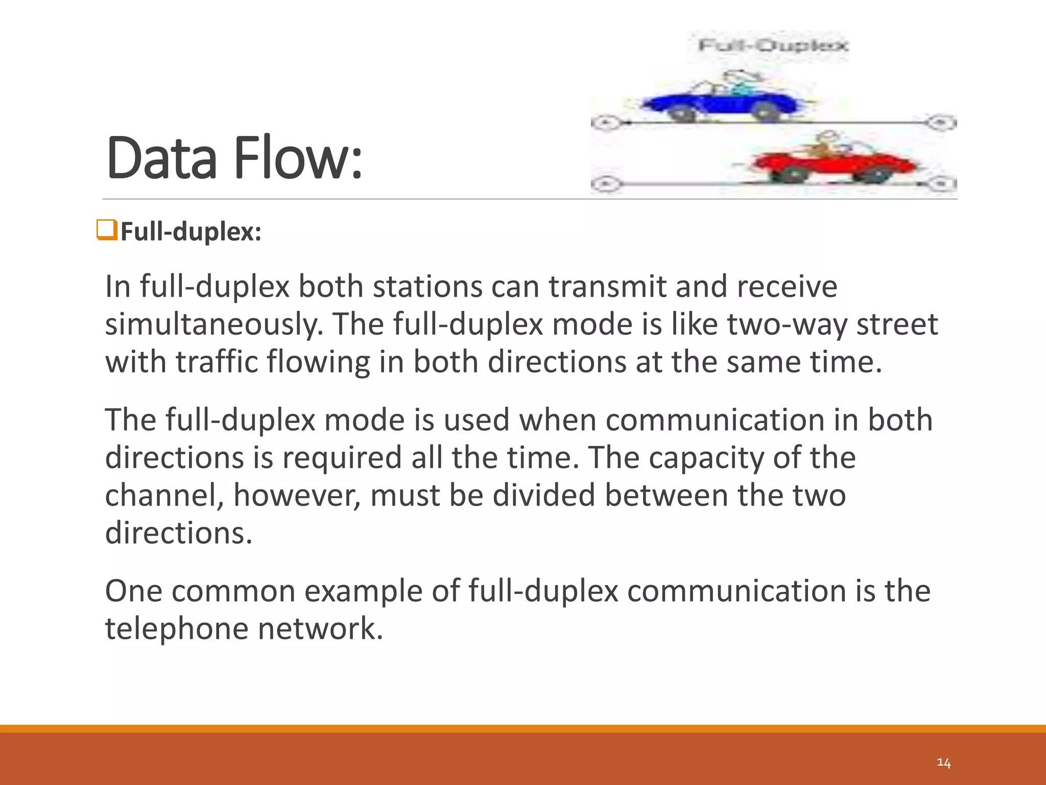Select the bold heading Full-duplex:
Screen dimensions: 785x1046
pos(191,232)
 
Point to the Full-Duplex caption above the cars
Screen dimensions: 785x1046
pos(773,46)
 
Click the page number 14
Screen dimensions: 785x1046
pos(943,763)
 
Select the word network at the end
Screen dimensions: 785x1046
pos(320,629)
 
